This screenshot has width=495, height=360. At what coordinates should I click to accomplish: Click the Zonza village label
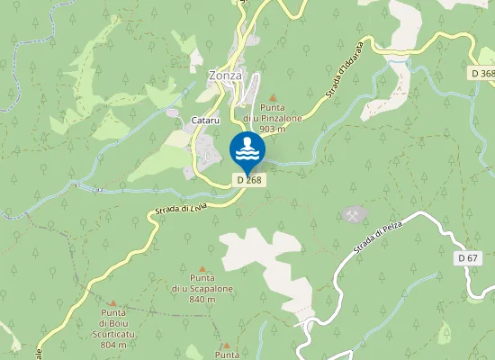[225, 76]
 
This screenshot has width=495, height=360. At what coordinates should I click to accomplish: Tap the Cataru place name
[205, 121]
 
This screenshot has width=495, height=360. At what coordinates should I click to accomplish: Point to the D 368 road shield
[482, 73]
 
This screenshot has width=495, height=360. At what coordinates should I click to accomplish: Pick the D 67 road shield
[466, 258]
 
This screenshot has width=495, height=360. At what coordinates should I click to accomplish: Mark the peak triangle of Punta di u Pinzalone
[273, 96]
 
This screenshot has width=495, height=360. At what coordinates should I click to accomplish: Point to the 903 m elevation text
[272, 130]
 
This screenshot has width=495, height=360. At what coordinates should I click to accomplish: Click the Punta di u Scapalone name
[202, 283]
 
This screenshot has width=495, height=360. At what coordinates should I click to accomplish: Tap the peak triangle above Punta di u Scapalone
[202, 268]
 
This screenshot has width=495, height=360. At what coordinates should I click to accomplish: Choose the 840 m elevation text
[202, 299]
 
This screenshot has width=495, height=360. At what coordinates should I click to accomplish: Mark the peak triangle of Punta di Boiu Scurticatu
[112, 304]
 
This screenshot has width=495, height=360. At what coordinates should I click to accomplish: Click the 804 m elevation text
[113, 346]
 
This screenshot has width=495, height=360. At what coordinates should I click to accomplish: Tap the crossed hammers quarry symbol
[354, 214]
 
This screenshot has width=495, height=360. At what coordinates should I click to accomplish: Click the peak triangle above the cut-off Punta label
[226, 345]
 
